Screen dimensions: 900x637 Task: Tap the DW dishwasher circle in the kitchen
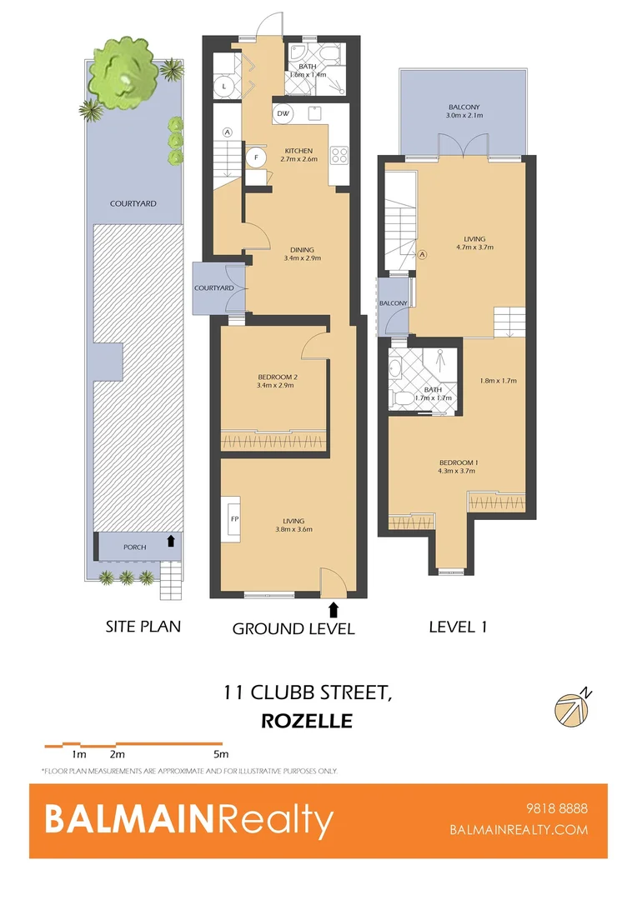coord(282,113)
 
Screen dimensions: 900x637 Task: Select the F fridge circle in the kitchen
coord(255,157)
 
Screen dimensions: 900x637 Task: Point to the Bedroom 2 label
coord(278,377)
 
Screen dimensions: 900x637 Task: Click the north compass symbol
coord(572,709)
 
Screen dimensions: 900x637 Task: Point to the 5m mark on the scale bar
coord(220,754)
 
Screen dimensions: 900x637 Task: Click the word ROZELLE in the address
coord(307,721)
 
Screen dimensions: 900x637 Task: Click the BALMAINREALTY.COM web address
coord(519,829)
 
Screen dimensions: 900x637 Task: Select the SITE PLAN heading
coord(143,626)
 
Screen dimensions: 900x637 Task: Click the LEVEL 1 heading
coord(458,626)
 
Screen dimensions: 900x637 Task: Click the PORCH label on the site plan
coord(133,547)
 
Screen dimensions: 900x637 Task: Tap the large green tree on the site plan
coord(123,73)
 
